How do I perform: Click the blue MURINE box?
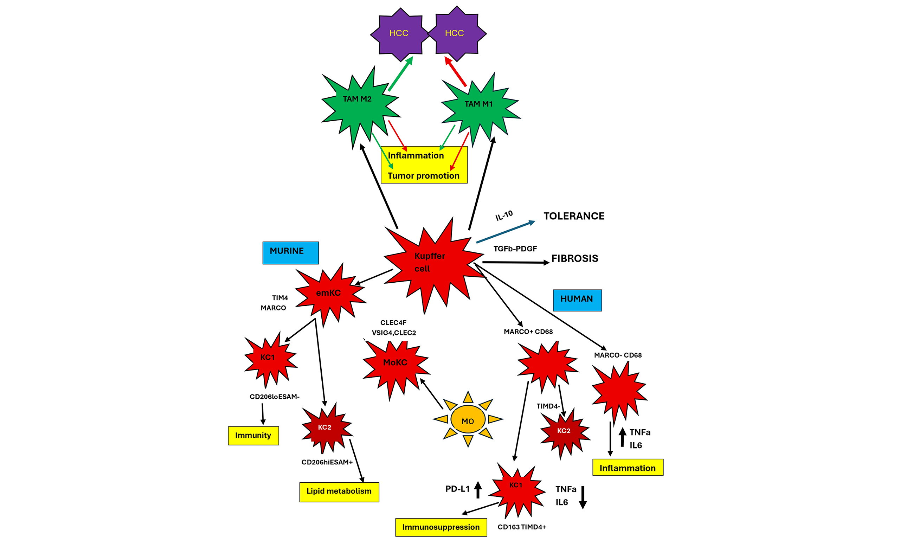coord(290,252)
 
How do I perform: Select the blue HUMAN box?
coord(577,300)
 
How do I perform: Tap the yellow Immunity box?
coord(253,436)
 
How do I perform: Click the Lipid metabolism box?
coord(339,492)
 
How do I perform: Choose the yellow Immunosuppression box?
coord(441,527)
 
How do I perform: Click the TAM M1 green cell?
coord(479,107)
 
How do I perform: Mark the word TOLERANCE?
coord(574,216)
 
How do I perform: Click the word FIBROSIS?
coord(575,259)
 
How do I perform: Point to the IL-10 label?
coord(504,216)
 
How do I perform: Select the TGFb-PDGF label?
coord(515,249)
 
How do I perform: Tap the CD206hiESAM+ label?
coord(327,463)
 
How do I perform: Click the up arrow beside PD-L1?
coord(478,490)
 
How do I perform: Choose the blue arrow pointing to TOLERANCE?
coord(506,232)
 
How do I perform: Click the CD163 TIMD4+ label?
coord(522,527)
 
